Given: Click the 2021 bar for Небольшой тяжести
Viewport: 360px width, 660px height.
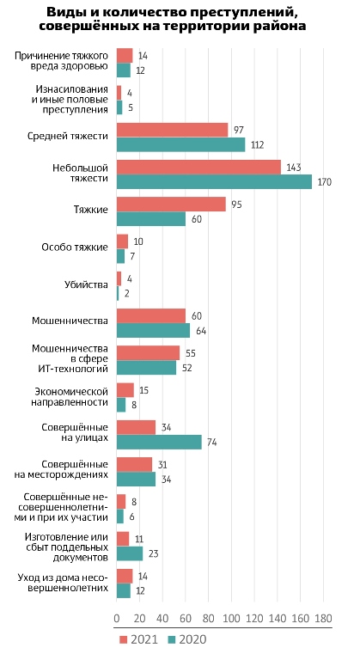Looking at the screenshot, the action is pyautogui.click(x=198, y=167).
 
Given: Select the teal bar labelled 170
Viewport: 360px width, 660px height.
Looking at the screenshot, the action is pyautogui.click(x=214, y=182).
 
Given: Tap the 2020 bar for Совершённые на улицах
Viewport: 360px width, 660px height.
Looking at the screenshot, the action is pyautogui.click(x=159, y=442).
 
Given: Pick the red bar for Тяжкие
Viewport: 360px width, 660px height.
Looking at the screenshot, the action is pyautogui.click(x=171, y=205).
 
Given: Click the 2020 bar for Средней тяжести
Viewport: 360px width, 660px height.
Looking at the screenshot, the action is pyautogui.click(x=180, y=144).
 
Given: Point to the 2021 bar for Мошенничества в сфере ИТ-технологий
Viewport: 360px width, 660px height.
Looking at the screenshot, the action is pyautogui.click(x=149, y=352).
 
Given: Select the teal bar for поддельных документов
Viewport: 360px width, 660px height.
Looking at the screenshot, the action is pyautogui.click(x=130, y=553).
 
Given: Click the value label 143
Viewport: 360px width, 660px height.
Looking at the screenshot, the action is pyautogui.click(x=293, y=168).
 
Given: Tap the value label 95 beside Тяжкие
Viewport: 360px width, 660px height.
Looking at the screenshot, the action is pyautogui.click(x=235, y=205).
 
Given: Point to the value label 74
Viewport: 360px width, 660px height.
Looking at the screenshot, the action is pyautogui.click(x=211, y=443).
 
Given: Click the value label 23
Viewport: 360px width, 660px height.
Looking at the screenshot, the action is pyautogui.click(x=153, y=553).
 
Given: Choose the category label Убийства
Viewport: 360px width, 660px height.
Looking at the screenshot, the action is pyautogui.click(x=86, y=284).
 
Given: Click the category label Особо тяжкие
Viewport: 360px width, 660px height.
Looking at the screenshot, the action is pyautogui.click(x=75, y=247).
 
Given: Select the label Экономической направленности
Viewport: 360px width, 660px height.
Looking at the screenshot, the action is pyautogui.click(x=70, y=397).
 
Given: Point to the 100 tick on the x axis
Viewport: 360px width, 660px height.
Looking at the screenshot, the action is pyautogui.click(x=231, y=619).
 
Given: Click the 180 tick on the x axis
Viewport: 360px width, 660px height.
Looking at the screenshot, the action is pyautogui.click(x=323, y=619).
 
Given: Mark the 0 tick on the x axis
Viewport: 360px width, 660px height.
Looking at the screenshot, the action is pyautogui.click(x=117, y=619).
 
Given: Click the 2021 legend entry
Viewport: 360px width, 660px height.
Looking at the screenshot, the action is pyautogui.click(x=138, y=639).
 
